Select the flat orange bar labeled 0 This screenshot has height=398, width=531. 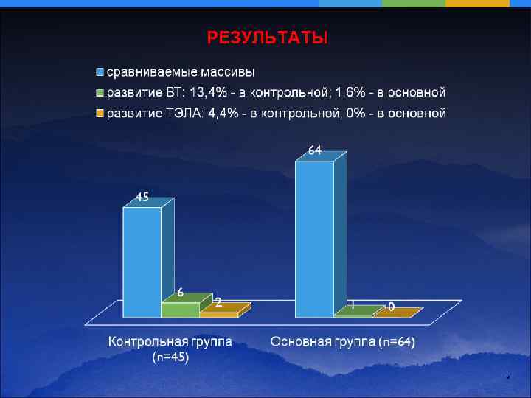395,313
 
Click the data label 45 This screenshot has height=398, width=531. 142,197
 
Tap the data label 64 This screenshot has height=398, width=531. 314,150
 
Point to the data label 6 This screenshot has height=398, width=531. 179,292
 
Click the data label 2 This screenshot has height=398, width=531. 218,302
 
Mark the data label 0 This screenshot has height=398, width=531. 391,305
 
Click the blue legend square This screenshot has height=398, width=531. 100,72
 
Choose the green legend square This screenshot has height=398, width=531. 100,93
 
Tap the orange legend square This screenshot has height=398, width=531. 100,114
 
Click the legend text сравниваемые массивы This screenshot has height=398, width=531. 181,72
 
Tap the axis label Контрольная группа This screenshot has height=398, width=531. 170,342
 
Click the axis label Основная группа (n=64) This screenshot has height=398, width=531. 343,342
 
